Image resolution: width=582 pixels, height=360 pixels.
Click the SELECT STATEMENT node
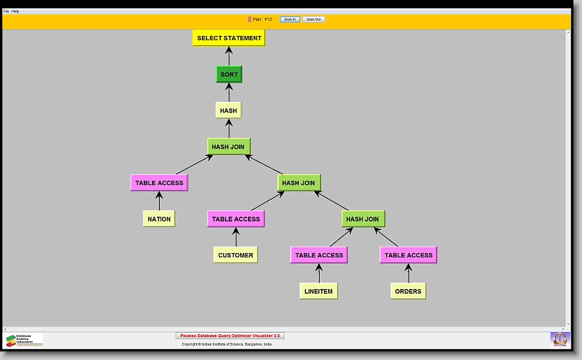229,38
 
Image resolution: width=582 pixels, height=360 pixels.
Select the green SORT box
229,75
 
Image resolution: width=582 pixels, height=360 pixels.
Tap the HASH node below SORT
229,110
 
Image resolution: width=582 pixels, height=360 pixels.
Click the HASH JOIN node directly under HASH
229,147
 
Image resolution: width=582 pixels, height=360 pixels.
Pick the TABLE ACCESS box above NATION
159,183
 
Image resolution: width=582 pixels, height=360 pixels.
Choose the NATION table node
159,219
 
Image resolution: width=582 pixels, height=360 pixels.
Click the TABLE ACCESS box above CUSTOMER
236,219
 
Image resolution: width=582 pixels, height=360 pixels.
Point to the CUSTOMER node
236,255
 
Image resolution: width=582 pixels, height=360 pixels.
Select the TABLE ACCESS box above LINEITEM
320,255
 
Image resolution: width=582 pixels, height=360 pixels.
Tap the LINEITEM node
319,290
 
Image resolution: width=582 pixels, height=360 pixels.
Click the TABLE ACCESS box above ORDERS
409,255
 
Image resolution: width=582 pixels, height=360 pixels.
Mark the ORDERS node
409,290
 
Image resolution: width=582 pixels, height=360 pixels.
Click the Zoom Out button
313,19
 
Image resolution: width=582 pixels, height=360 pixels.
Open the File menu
6,11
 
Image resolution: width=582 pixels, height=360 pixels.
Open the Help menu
16,11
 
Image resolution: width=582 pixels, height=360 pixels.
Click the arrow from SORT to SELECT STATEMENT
229,56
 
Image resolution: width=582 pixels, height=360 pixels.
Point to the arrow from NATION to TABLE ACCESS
159,201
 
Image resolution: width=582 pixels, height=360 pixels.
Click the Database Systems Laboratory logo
24,339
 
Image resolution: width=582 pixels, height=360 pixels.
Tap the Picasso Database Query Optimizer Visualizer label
230,335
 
